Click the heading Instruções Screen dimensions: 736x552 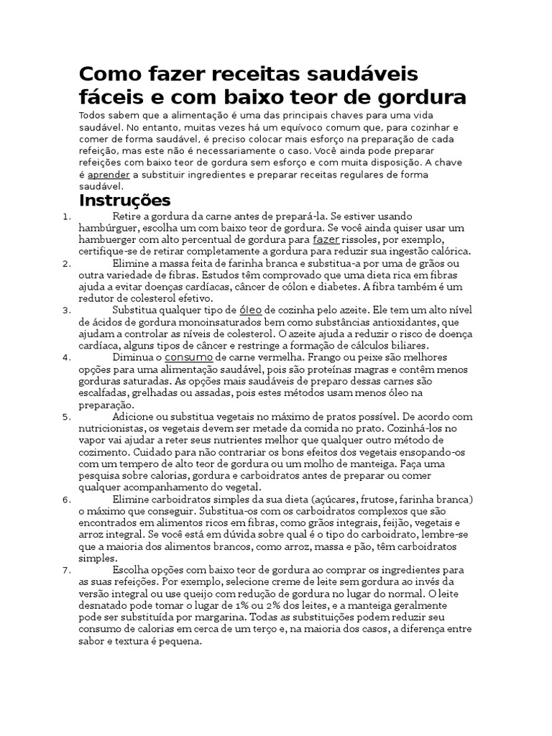[x=124, y=199]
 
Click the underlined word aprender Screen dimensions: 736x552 [x=109, y=174]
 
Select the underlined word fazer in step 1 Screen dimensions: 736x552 [x=326, y=239]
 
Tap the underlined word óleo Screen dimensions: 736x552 [x=250, y=310]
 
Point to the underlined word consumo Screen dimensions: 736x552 [x=188, y=356]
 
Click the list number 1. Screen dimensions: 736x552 [x=66, y=216]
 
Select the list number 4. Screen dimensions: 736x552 [x=66, y=356]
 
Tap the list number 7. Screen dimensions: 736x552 [x=66, y=569]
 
